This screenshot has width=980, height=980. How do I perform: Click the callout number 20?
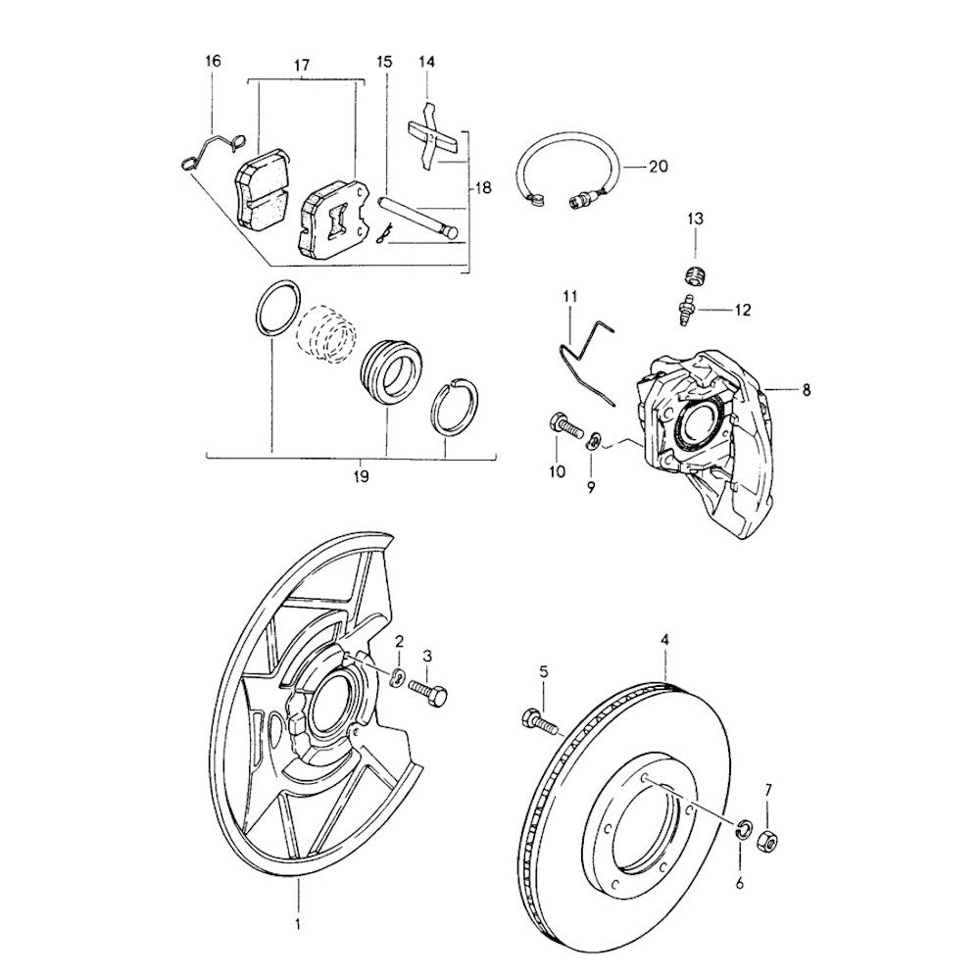[x=659, y=168]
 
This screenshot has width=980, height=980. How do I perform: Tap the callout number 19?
[x=361, y=478]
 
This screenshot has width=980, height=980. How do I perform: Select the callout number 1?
[x=299, y=922]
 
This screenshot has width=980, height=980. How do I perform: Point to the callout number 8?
[x=807, y=390]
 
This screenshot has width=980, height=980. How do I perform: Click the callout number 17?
[x=302, y=66]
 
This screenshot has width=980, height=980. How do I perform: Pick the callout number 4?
[x=665, y=641]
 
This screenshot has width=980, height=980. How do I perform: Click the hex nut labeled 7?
[x=768, y=839]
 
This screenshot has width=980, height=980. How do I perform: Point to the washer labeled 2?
[x=400, y=676]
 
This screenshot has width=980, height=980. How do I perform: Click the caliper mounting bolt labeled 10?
[x=563, y=428]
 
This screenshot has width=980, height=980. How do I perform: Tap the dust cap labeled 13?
[x=695, y=271]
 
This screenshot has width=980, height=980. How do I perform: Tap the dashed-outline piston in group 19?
[x=324, y=334]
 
